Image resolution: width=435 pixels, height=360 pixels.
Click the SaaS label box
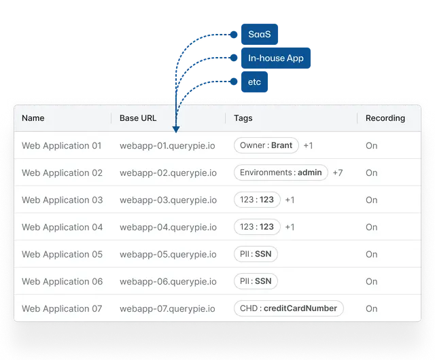260,35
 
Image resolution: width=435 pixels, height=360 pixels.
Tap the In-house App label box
276,58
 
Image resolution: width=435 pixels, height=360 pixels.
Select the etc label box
254,82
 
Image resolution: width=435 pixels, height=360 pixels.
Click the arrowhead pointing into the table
176,129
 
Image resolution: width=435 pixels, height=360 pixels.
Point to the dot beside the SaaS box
234,35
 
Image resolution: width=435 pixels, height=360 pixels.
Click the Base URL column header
138,118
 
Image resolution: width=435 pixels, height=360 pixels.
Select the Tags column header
243,118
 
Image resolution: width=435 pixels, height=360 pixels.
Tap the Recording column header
385,118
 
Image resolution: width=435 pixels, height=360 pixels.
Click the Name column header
33,118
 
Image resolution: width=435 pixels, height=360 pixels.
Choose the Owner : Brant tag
266,145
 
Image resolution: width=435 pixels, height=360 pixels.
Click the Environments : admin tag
281,173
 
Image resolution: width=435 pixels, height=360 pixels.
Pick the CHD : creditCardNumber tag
288,308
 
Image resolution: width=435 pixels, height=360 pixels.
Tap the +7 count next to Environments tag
338,173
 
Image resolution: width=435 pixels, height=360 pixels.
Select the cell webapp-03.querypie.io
168,200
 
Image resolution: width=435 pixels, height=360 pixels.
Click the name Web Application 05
62,254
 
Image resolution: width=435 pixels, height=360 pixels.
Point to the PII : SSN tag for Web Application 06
256,281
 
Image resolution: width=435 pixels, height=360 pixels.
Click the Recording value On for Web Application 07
372,308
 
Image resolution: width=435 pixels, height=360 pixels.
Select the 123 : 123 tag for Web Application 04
257,227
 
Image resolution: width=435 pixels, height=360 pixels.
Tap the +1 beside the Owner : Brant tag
308,145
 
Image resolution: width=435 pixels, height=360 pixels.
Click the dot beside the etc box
234,82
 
